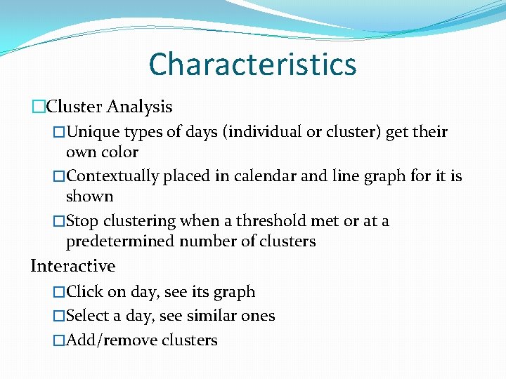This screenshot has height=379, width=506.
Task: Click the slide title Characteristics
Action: pos(252,65)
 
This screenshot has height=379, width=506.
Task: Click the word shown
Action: pos(89,196)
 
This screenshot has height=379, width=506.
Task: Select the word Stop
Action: pos(82,221)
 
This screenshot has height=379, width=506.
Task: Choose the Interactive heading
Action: pos(73,266)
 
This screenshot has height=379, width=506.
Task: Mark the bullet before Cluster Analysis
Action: pos(38,107)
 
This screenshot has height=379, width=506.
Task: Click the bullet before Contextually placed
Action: pos(59,177)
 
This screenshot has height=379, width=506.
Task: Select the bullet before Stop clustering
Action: pos(59,222)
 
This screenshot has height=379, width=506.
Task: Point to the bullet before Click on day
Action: pos(59,292)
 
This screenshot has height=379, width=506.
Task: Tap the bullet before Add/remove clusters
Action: pos(59,341)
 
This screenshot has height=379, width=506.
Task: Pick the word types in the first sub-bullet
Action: pos(143,132)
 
